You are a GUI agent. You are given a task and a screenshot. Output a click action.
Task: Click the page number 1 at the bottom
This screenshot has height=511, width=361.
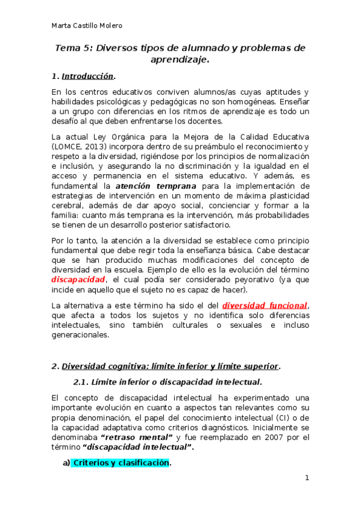point(307,478)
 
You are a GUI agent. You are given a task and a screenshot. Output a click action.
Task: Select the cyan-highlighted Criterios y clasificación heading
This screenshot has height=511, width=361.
point(120,463)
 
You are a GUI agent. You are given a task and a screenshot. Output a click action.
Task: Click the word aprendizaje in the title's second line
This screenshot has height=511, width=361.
point(178,60)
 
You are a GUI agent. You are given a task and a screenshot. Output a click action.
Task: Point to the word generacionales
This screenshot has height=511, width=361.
point(80,336)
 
